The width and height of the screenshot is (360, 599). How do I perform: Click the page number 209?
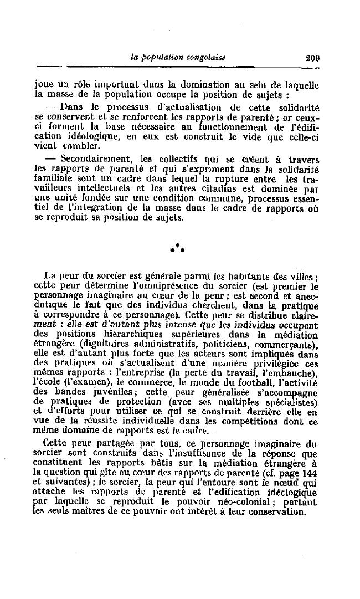312,57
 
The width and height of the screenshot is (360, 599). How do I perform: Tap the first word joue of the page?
43,85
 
